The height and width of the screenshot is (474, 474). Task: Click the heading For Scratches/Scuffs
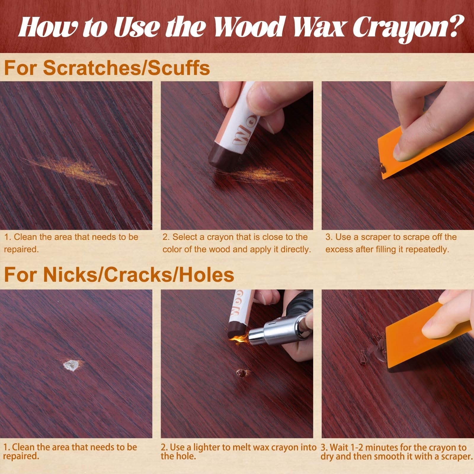click(x=107, y=68)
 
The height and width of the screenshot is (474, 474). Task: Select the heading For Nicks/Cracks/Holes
click(x=118, y=275)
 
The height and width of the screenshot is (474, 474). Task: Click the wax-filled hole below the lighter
click(x=242, y=373)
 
